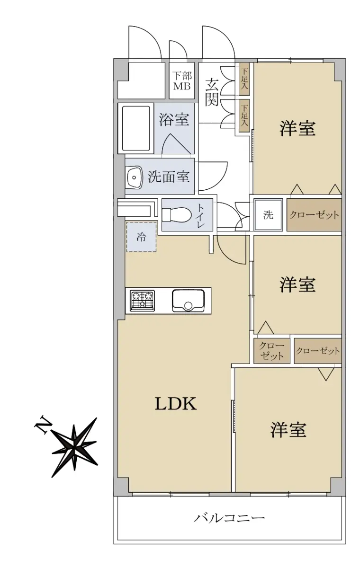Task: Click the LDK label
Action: pyautogui.click(x=176, y=404)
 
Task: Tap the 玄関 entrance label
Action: pyautogui.click(x=212, y=92)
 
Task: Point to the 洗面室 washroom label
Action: pyautogui.click(x=169, y=177)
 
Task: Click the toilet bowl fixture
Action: pyautogui.click(x=176, y=214)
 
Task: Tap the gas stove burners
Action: pyautogui.click(x=142, y=301)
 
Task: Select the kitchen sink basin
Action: pyautogui.click(x=188, y=301)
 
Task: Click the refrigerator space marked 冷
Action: pyautogui.click(x=141, y=237)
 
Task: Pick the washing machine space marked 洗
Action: pyautogui.click(x=269, y=215)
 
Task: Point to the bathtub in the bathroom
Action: pyautogui.click(x=136, y=128)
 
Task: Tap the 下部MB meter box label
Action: pyautogui.click(x=182, y=81)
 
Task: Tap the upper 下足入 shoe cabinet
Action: pyautogui.click(x=244, y=79)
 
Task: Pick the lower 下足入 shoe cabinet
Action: pyautogui.click(x=244, y=116)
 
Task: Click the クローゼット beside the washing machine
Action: pyautogui.click(x=314, y=215)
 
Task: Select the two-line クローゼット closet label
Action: pyautogui.click(x=272, y=351)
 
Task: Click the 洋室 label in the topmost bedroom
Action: pyautogui.click(x=297, y=128)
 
